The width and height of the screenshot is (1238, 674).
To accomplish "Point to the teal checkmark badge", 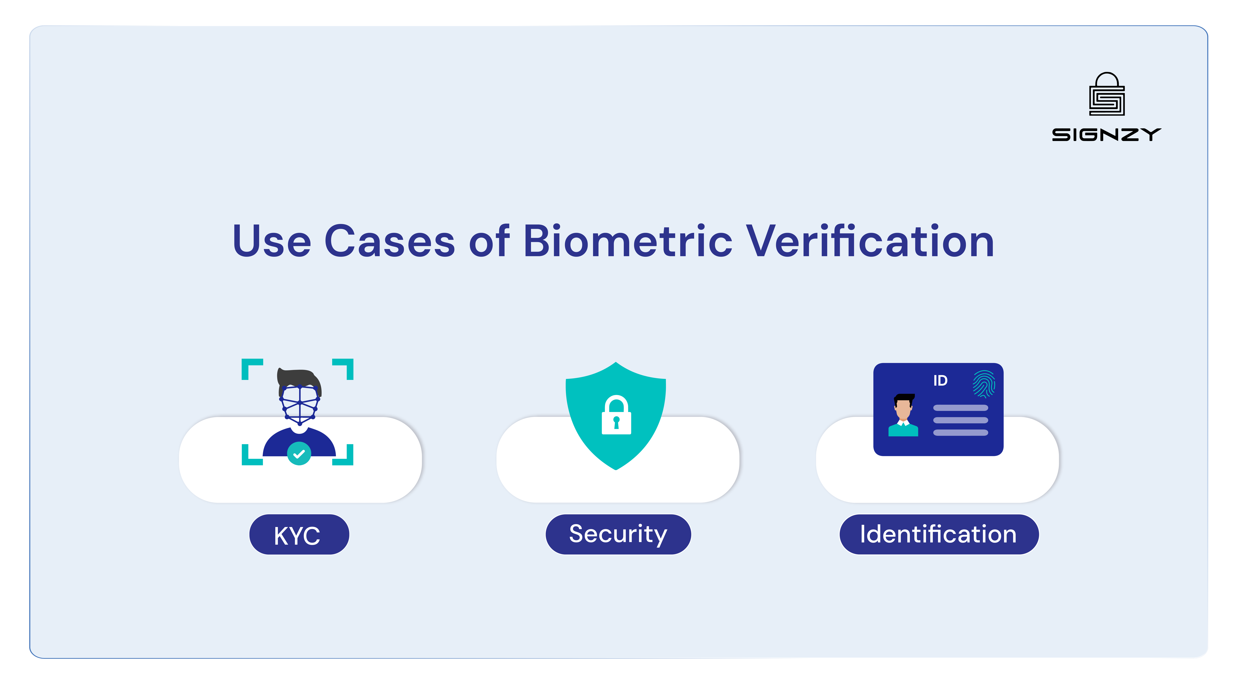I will (299, 453).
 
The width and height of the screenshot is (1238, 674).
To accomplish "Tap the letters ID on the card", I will (940, 381).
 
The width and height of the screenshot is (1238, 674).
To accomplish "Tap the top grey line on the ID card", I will (960, 408).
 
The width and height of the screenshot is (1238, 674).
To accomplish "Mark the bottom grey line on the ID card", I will (960, 433).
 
